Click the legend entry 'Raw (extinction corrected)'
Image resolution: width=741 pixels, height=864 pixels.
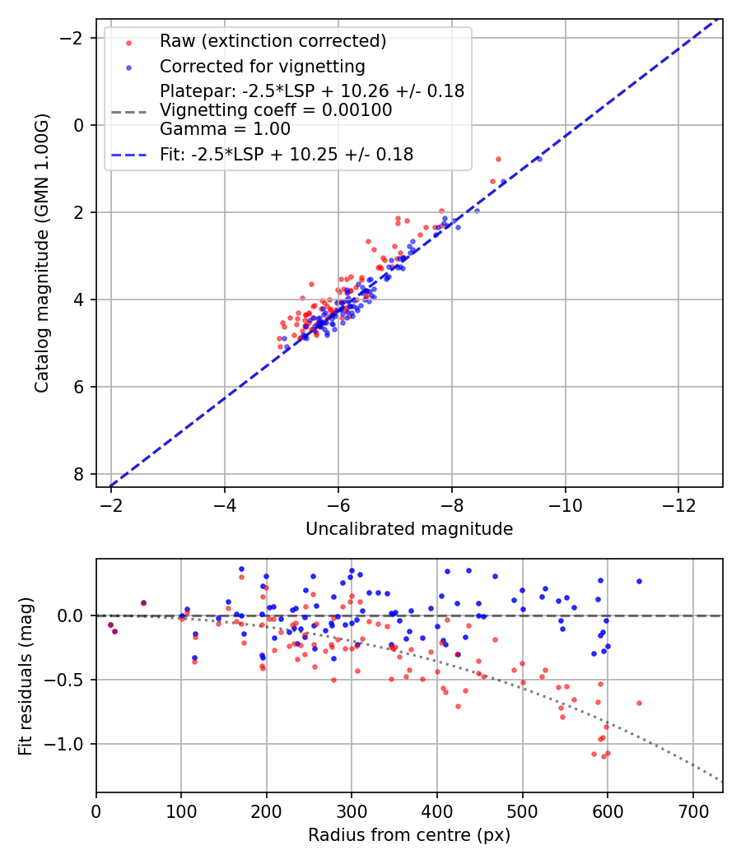coord(273,41)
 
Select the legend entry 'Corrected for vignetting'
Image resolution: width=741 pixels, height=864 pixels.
coord(262,66)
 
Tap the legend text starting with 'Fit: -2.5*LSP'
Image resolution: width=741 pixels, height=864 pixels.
coord(287,154)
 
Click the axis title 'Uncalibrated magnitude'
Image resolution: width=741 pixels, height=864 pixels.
coord(409,529)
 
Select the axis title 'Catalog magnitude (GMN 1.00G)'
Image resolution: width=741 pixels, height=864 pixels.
coord(43,253)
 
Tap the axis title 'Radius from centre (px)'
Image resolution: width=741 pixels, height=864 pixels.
coord(409,835)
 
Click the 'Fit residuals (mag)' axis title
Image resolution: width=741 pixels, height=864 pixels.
coord(26,676)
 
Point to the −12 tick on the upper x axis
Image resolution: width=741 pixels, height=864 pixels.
coord(678,502)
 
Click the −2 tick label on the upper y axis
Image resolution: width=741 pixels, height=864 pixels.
coord(77,38)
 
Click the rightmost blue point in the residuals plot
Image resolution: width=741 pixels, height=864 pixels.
coord(639,581)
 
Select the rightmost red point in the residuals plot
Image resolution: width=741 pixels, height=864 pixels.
coord(639,703)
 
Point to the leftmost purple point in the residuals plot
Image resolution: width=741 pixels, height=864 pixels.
coord(110,625)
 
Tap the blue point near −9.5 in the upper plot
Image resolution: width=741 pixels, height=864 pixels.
coord(538,158)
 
